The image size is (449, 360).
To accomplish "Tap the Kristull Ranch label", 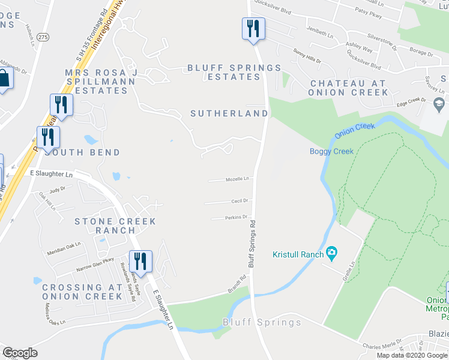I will click(298, 254).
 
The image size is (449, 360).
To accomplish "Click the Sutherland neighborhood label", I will click(229, 113).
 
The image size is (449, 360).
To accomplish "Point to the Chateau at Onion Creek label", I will click(348, 88).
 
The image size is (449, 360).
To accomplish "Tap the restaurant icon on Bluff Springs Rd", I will click(253, 28).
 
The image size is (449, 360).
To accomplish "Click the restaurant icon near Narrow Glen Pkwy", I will click(140, 261).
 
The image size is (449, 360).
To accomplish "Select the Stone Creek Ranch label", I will click(115, 226).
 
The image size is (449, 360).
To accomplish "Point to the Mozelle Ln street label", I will click(237, 179).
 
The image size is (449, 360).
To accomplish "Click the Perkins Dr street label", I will click(237, 217).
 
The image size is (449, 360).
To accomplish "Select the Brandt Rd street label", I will click(239, 282).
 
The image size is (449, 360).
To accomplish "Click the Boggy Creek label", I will click(331, 151).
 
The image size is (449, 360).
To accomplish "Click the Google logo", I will click(20, 353).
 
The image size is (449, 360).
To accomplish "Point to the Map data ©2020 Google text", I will click(411, 355).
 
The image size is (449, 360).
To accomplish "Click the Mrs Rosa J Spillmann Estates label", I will click(101, 82).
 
